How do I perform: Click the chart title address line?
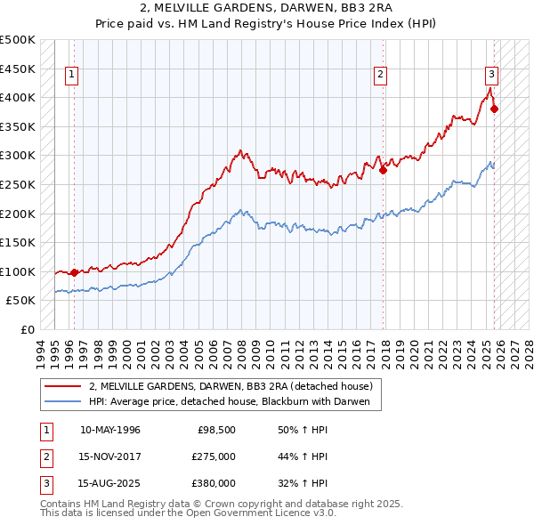point(267,9)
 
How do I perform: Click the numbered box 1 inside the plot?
point(71,76)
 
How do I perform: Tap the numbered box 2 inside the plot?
point(380,76)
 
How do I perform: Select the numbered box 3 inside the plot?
point(491,76)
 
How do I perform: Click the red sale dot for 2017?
point(383,170)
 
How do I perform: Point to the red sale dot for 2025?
point(495,109)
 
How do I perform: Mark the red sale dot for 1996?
point(74,272)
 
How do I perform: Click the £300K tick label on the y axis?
point(18,156)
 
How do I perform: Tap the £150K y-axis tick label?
point(18,242)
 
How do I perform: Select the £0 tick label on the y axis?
point(27,329)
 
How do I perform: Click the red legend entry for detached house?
point(235,386)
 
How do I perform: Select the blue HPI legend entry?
point(235,401)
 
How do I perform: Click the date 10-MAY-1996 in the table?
point(110,430)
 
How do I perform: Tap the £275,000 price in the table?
point(214,456)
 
